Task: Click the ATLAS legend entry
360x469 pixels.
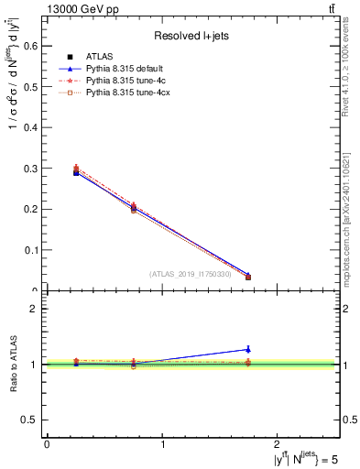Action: click(99, 57)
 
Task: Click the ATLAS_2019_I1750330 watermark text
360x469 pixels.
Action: click(190, 274)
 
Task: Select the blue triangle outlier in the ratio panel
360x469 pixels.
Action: click(248, 349)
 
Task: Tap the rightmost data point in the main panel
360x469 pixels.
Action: click(248, 276)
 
